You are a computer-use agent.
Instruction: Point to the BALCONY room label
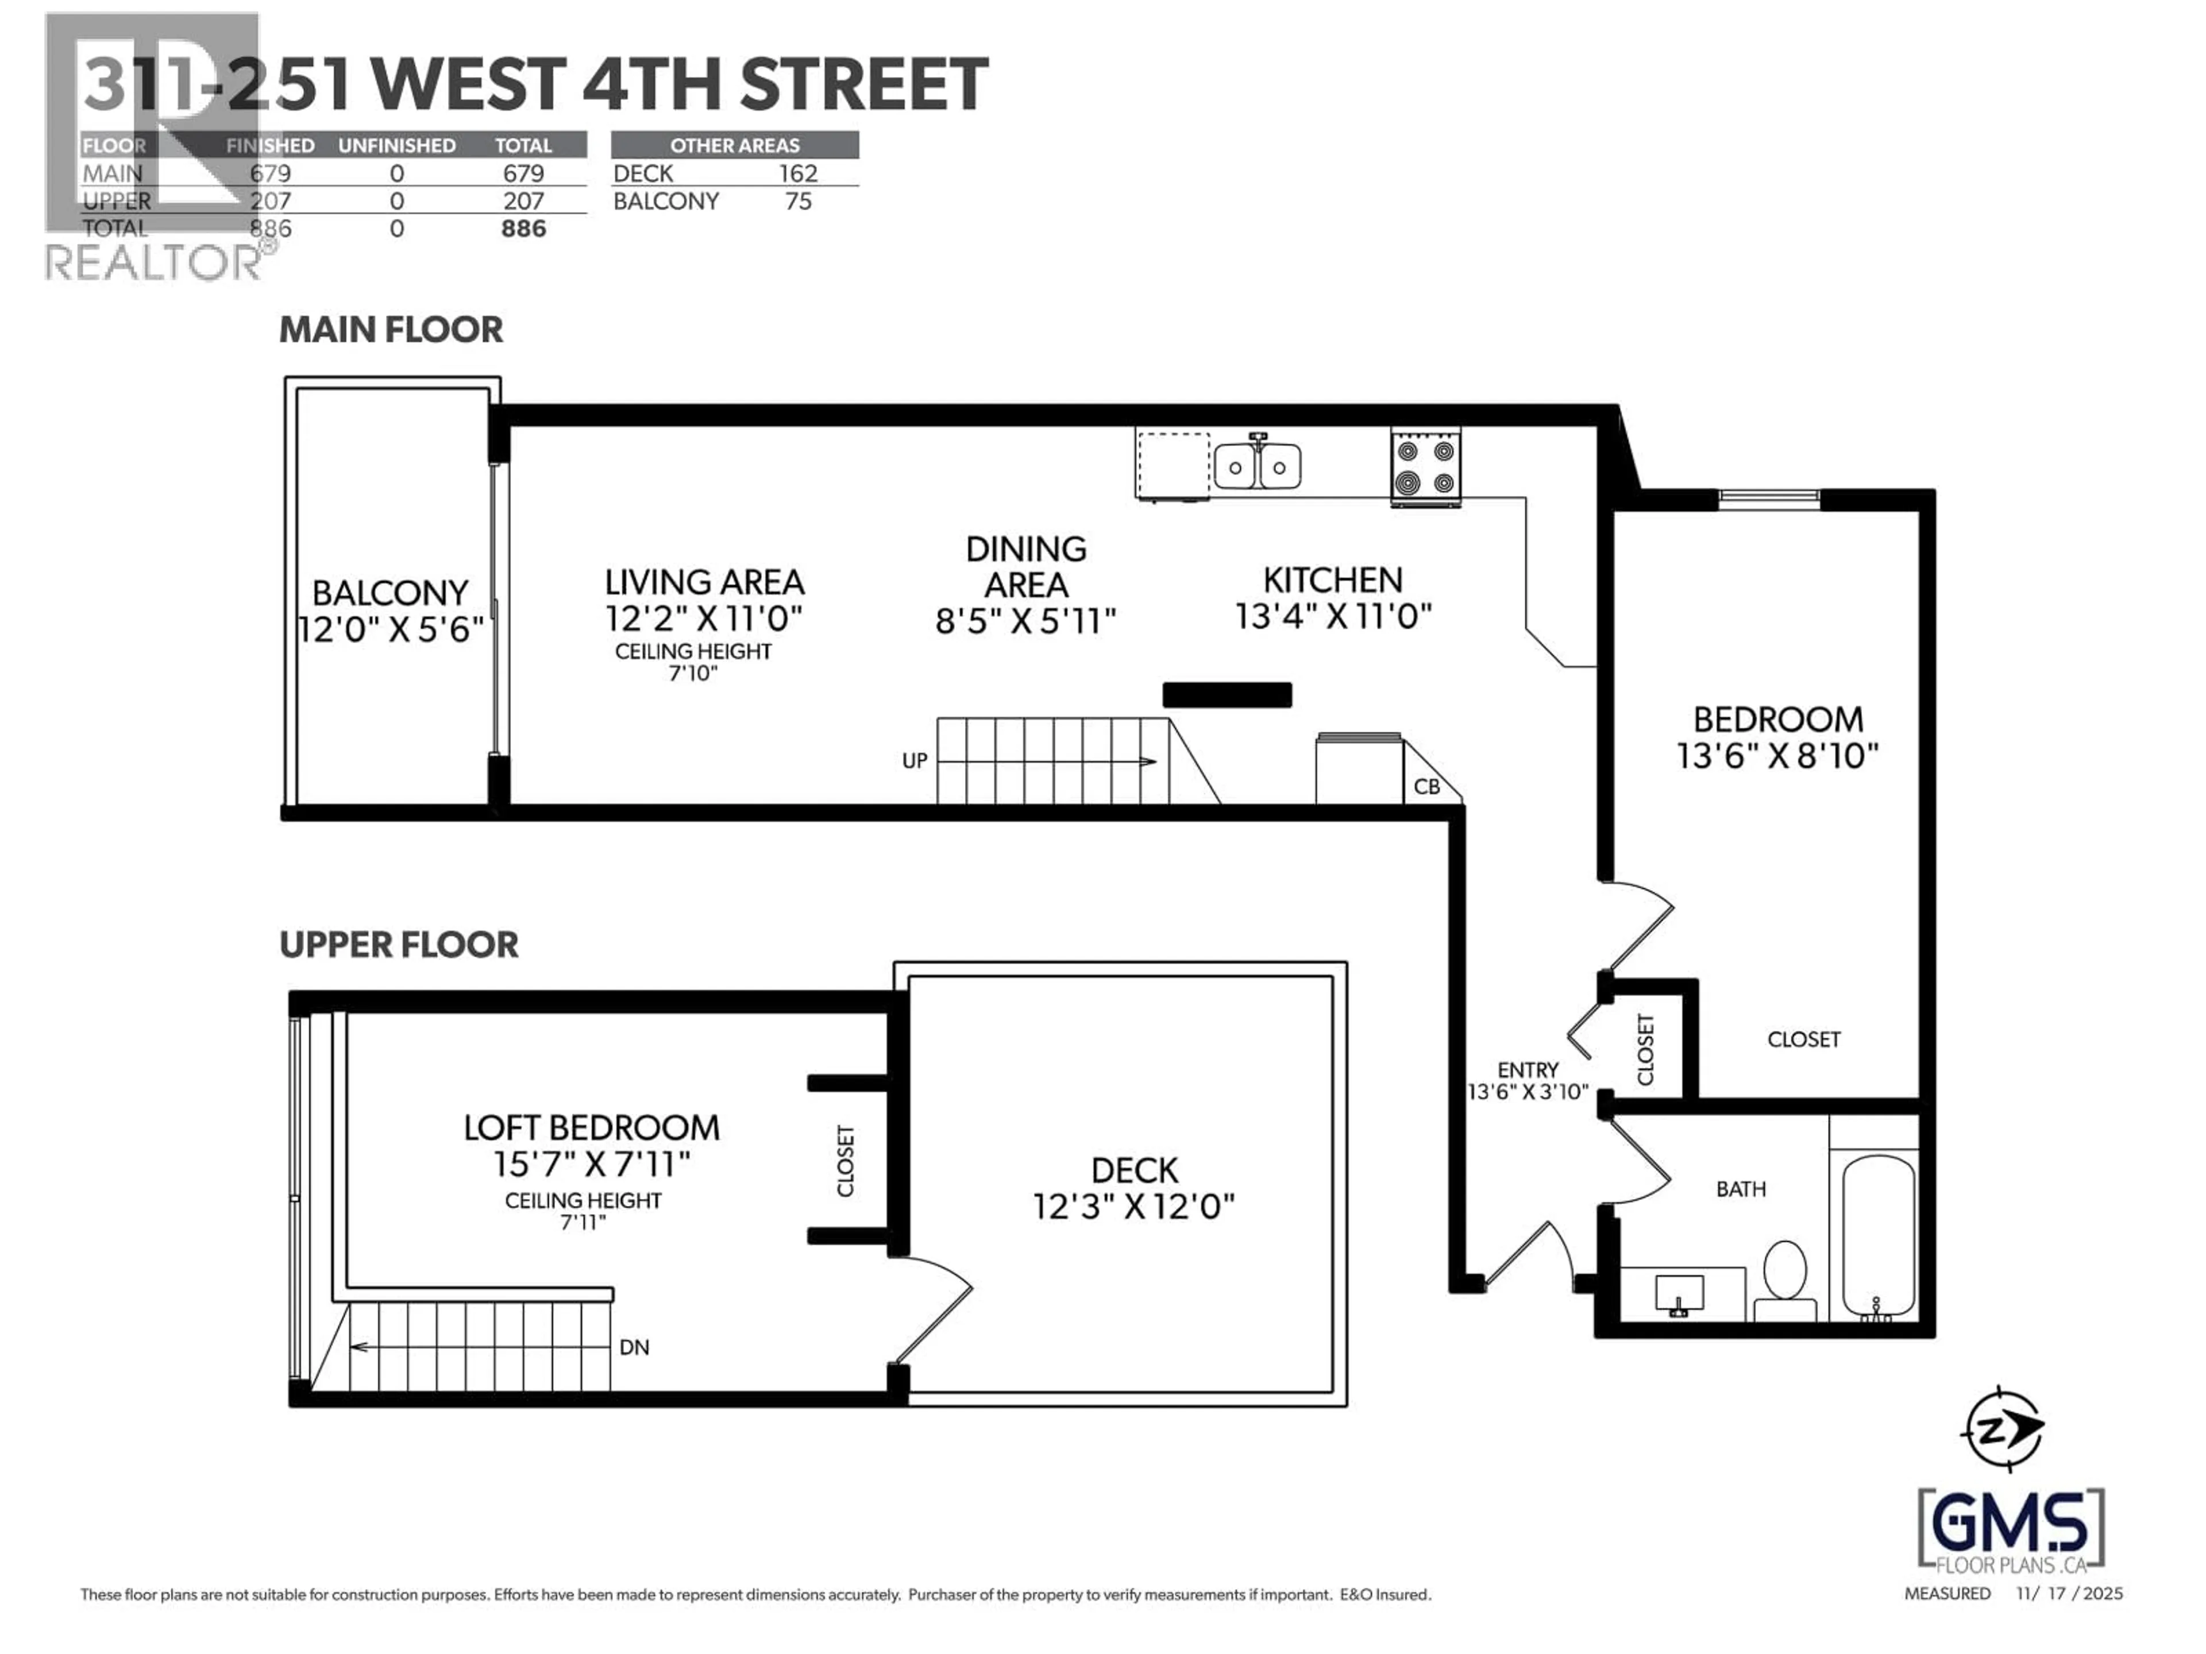pyautogui.click(x=390, y=593)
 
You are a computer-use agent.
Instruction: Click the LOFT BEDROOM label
pyautogui.click(x=591, y=1127)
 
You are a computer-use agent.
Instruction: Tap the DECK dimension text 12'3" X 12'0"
pyautogui.click(x=1134, y=1207)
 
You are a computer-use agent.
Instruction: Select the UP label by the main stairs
pyautogui.click(x=915, y=761)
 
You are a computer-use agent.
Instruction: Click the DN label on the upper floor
pyautogui.click(x=634, y=1347)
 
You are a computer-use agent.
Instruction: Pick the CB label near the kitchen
pyautogui.click(x=1427, y=787)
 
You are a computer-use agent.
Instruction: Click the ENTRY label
pyautogui.click(x=1527, y=1070)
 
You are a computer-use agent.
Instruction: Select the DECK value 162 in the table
pyautogui.click(x=798, y=173)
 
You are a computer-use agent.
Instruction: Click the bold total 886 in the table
pyautogui.click(x=523, y=229)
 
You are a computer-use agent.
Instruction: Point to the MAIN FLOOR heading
pyautogui.click(x=391, y=330)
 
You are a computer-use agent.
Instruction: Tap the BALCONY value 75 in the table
pyautogui.click(x=798, y=202)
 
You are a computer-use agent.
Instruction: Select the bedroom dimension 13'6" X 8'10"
pyautogui.click(x=1777, y=756)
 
